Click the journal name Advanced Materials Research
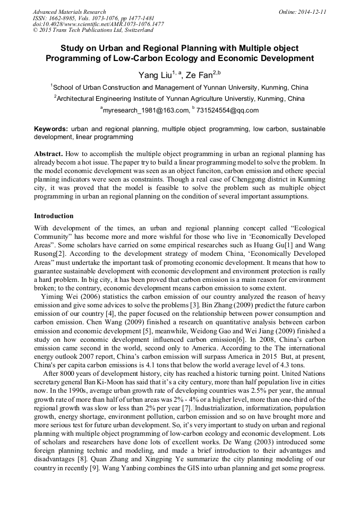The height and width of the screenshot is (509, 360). click(x=69, y=12)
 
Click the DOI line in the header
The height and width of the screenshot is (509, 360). click(x=98, y=24)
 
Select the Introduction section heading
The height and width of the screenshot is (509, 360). click(x=54, y=216)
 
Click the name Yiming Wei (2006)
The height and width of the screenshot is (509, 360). click(x=68, y=296)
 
